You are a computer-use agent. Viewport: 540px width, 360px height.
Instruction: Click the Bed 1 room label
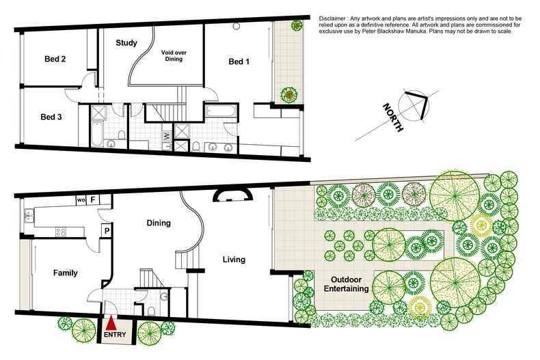coord(239,61)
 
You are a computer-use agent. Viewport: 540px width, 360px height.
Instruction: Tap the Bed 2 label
coord(55,59)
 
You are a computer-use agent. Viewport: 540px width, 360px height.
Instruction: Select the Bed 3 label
coord(51,117)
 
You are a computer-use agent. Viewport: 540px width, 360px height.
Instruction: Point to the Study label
coord(126,43)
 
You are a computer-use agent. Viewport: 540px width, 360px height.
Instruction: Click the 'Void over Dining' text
coord(174,56)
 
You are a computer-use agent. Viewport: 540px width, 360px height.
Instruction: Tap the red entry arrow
coord(111,324)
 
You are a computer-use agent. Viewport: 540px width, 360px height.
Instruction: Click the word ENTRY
coord(115,334)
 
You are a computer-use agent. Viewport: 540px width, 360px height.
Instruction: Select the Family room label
coord(66,273)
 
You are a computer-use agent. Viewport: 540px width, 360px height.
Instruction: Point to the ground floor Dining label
coord(159,223)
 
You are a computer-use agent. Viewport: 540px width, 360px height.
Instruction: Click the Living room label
coord(234,259)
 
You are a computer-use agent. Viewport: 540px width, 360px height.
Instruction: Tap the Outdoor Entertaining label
coord(346,284)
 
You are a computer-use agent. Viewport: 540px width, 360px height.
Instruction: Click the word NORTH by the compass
coord(392,117)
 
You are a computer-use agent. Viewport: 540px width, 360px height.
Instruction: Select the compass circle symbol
coord(414,105)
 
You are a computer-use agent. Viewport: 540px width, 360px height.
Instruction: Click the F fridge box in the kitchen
coord(93,199)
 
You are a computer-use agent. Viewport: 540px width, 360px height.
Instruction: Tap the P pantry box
coord(107,231)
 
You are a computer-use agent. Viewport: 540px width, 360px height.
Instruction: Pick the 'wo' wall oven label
coord(81,200)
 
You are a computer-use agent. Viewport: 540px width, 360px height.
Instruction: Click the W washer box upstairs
coord(167,136)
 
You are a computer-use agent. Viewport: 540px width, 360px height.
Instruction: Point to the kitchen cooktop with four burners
coord(61,232)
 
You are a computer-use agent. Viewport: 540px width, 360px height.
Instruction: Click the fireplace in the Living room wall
coord(232,195)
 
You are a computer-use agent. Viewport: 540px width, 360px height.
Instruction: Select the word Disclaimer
coord(332,18)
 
